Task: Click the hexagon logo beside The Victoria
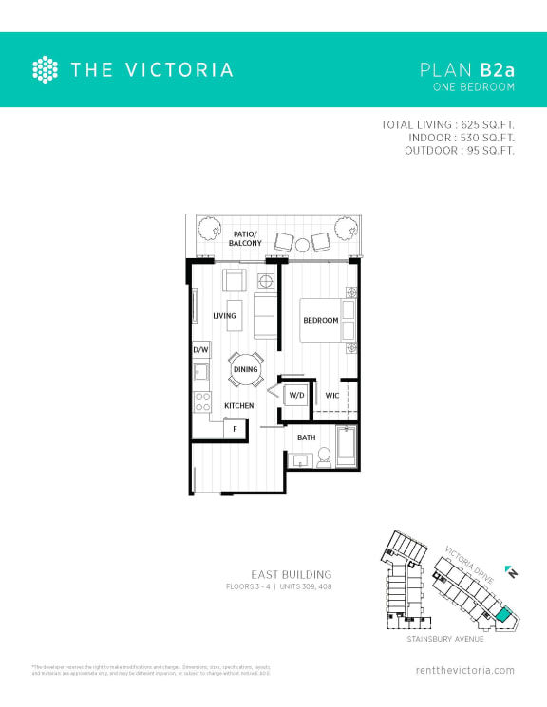(45, 69)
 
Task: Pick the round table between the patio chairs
(303, 244)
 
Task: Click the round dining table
(246, 369)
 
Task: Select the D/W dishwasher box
(200, 350)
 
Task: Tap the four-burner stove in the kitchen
(201, 401)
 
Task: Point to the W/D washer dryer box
(295, 395)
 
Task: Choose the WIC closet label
(332, 395)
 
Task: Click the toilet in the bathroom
(324, 457)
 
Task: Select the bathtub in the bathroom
(347, 448)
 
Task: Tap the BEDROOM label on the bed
(320, 321)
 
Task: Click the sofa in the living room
(265, 316)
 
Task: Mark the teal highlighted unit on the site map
(502, 614)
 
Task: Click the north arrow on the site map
(512, 572)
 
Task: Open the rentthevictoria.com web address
(465, 670)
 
